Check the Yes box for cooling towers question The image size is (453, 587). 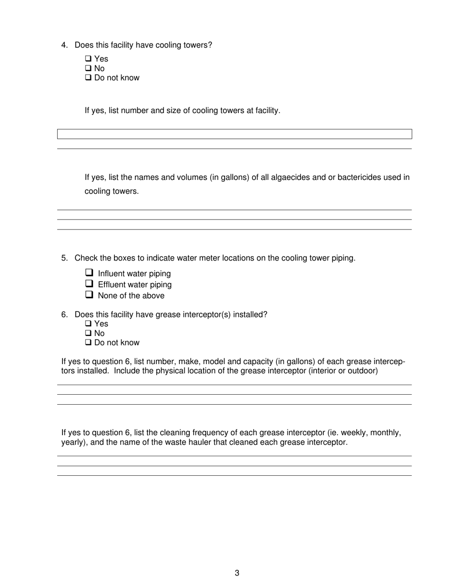click(88, 59)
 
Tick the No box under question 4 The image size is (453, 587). click(88, 68)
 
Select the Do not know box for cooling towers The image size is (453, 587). click(88, 78)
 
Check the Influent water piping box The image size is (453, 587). click(89, 273)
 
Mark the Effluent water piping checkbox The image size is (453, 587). click(89, 284)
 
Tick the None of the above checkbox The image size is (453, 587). click(89, 295)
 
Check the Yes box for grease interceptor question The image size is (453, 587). click(88, 324)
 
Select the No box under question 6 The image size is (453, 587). click(88, 333)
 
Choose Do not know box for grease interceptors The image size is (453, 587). click(88, 343)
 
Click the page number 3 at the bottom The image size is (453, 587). click(237, 573)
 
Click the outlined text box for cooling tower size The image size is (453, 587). click(234, 134)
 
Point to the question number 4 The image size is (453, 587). click(64, 45)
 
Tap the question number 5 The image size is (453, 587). click(64, 258)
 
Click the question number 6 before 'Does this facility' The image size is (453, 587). click(64, 315)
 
